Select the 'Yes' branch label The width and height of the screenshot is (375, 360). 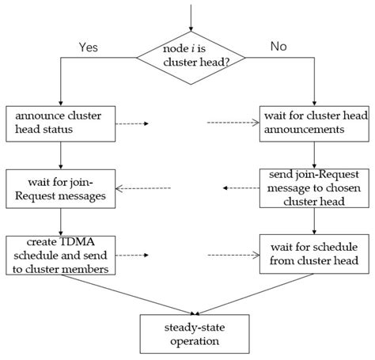[89, 47]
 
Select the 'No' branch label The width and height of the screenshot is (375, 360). [279, 47]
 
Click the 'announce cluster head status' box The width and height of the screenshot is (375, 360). [60, 123]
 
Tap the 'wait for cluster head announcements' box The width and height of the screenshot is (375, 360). [315, 123]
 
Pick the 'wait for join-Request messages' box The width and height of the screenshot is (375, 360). [60, 188]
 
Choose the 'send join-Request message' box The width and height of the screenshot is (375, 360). [315, 188]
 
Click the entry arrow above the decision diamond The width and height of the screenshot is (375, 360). [191, 13]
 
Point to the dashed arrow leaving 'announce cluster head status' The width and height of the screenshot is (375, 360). [134, 123]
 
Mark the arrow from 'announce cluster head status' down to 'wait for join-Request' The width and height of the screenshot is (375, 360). [60, 155]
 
